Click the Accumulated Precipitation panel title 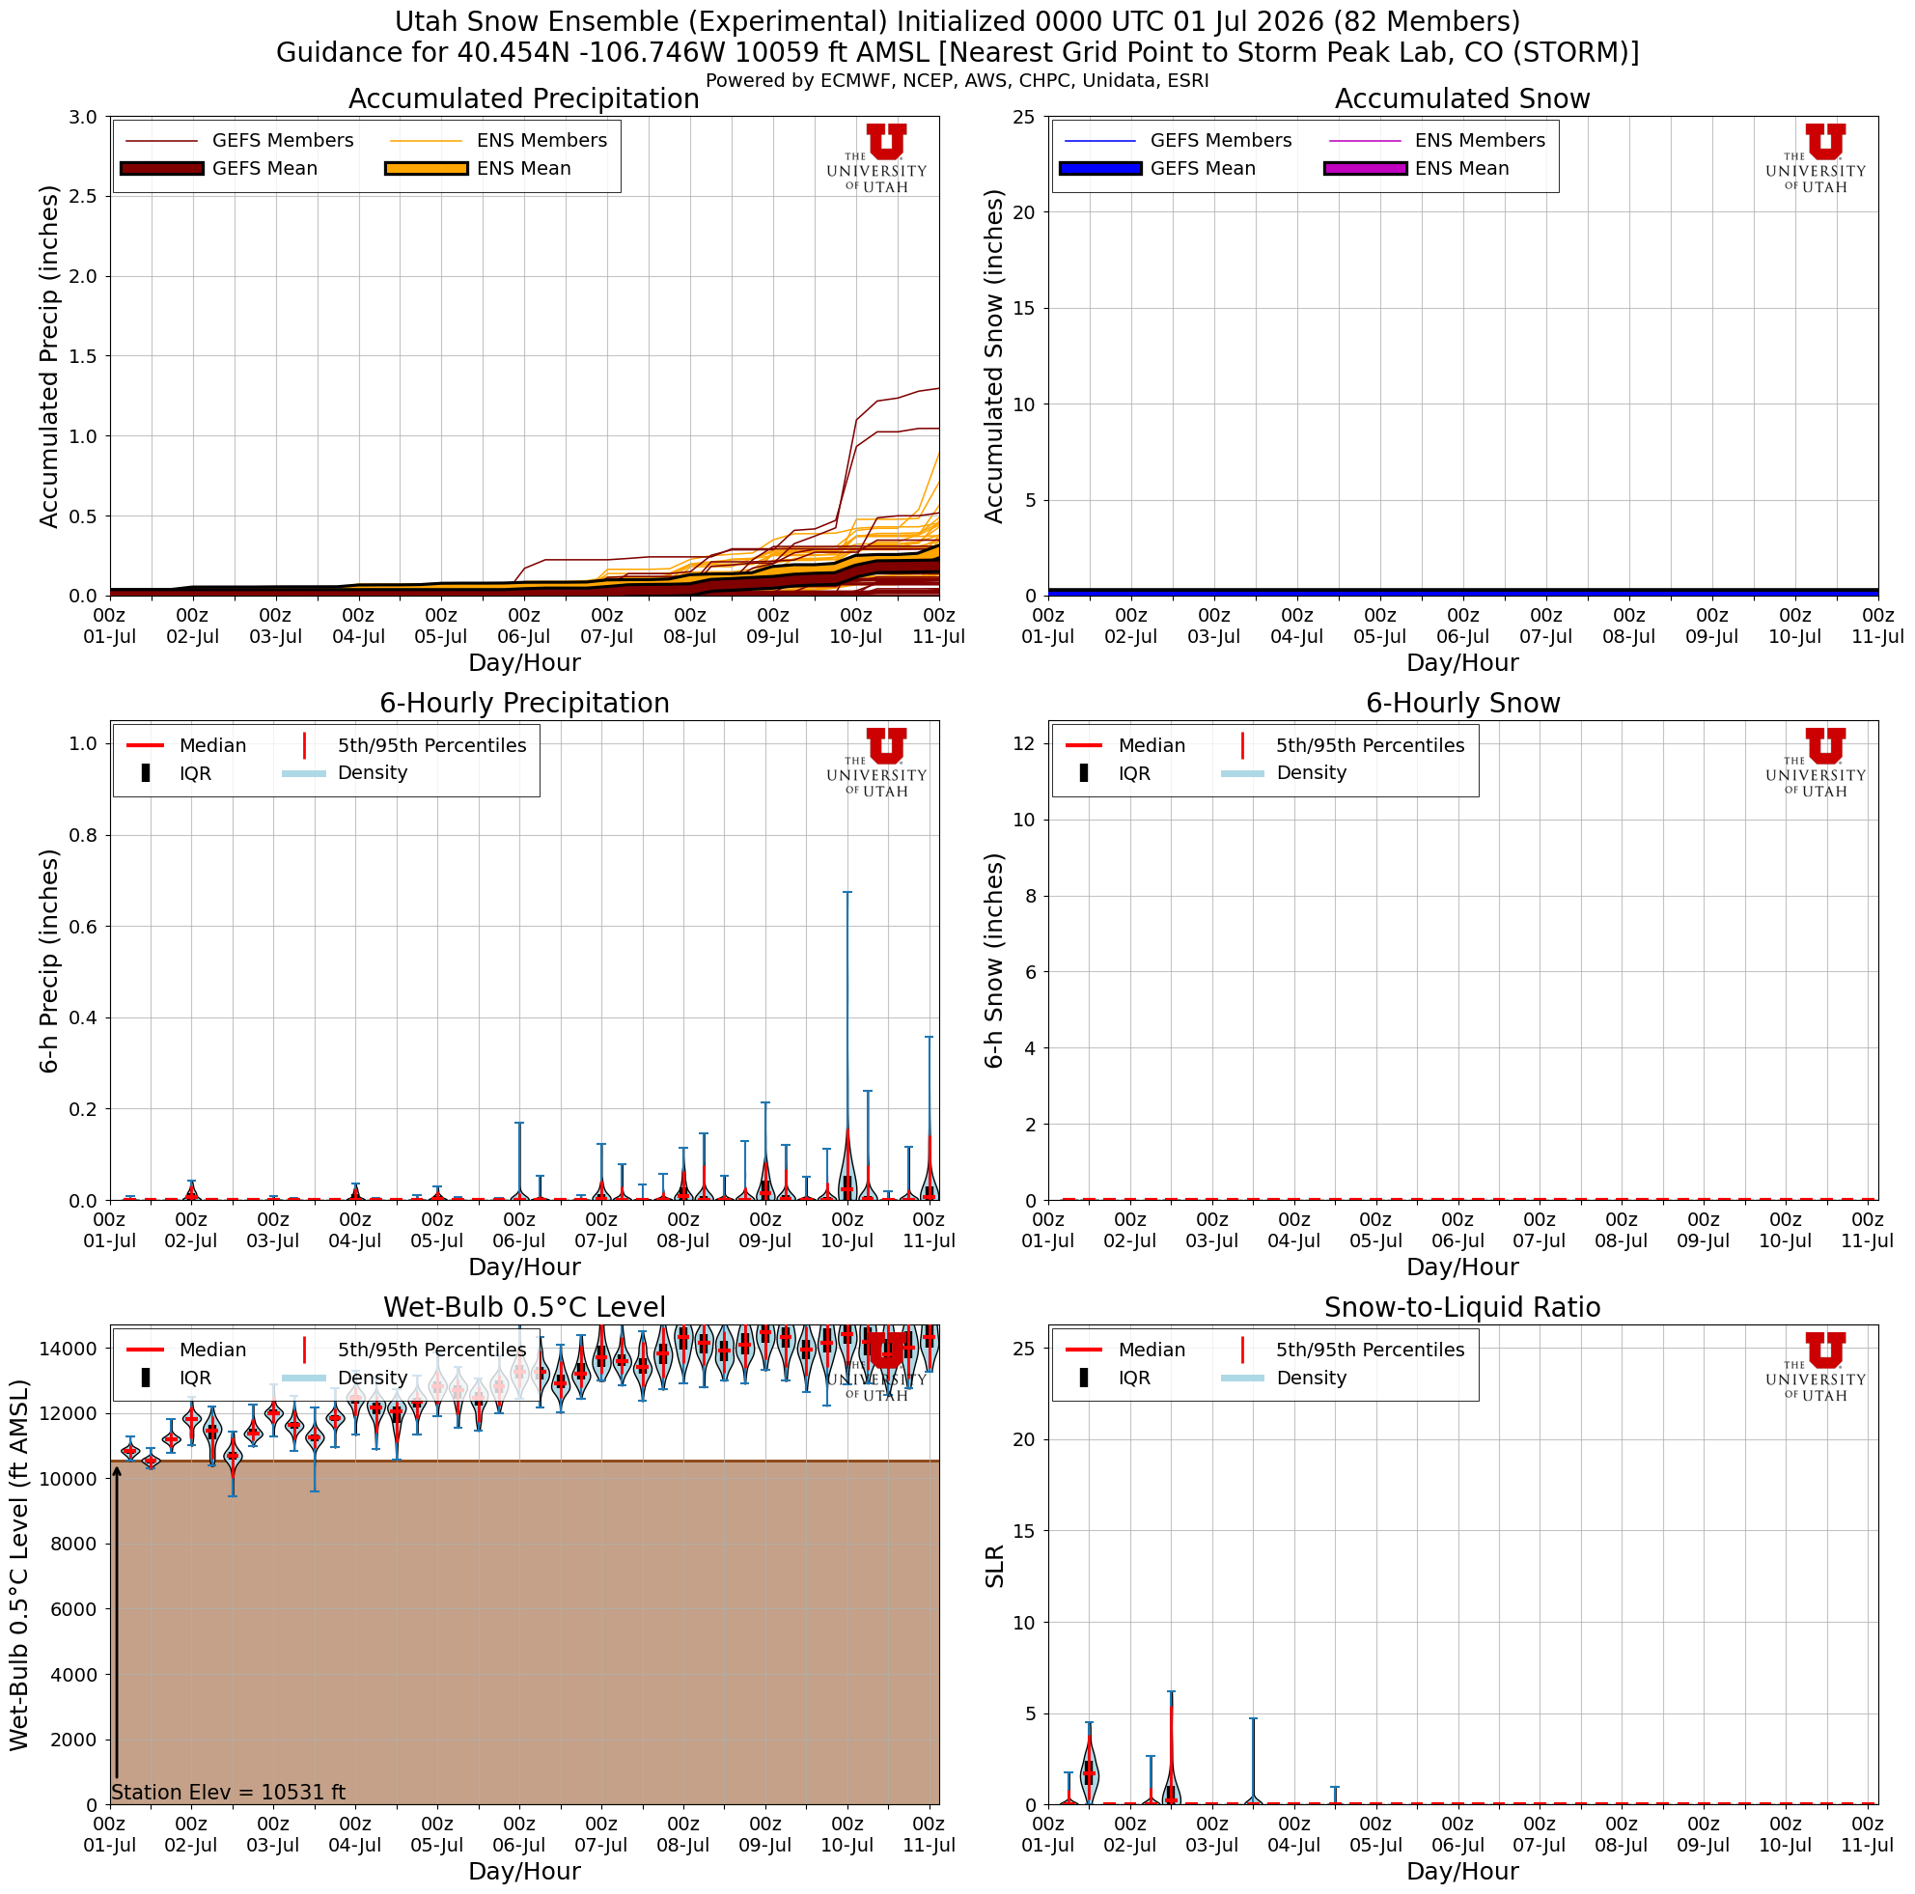pos(523,99)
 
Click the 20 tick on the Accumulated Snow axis pos(1025,212)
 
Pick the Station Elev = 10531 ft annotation pos(228,1792)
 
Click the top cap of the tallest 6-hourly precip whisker pos(847,892)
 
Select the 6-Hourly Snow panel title pos(1462,704)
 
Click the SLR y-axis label pos(994,1566)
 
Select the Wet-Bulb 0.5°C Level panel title pos(523,1308)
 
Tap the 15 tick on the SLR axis pos(1025,1531)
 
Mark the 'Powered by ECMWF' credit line pos(957,80)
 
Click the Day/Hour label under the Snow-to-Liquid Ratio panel pos(1462,1871)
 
